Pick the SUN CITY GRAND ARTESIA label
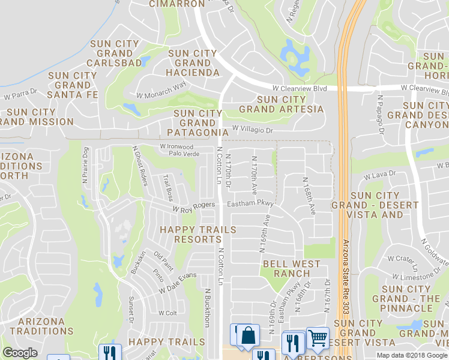coord(281,104)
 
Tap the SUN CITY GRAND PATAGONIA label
coord(198,122)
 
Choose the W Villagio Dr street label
coord(252,129)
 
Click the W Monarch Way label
coord(161,91)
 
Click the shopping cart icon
coord(318,338)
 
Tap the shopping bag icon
coord(248,337)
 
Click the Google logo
coord(20,353)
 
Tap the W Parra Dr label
coord(20,95)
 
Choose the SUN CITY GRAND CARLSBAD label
coord(115,53)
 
